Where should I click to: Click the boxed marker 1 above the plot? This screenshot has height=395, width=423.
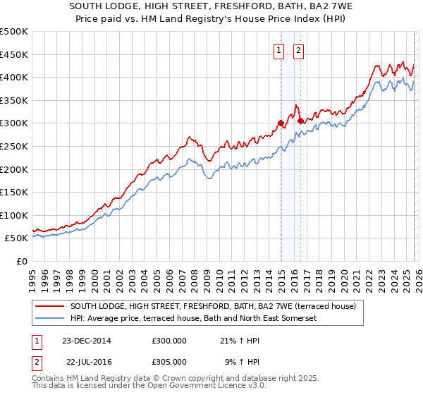(x=279, y=50)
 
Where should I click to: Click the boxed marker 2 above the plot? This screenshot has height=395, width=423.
(x=299, y=50)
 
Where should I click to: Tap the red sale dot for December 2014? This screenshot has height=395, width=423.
(x=281, y=123)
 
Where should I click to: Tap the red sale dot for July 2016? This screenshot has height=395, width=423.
(x=300, y=121)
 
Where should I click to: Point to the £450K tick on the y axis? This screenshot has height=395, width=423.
(x=14, y=54)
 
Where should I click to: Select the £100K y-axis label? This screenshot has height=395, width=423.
(x=14, y=215)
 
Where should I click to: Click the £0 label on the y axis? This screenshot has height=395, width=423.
(x=21, y=261)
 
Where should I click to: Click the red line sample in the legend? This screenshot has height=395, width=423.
(x=50, y=306)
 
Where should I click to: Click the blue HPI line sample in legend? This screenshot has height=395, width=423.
(x=50, y=318)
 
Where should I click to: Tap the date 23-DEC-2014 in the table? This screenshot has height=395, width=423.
(x=87, y=341)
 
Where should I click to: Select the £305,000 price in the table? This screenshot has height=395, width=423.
(x=169, y=361)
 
